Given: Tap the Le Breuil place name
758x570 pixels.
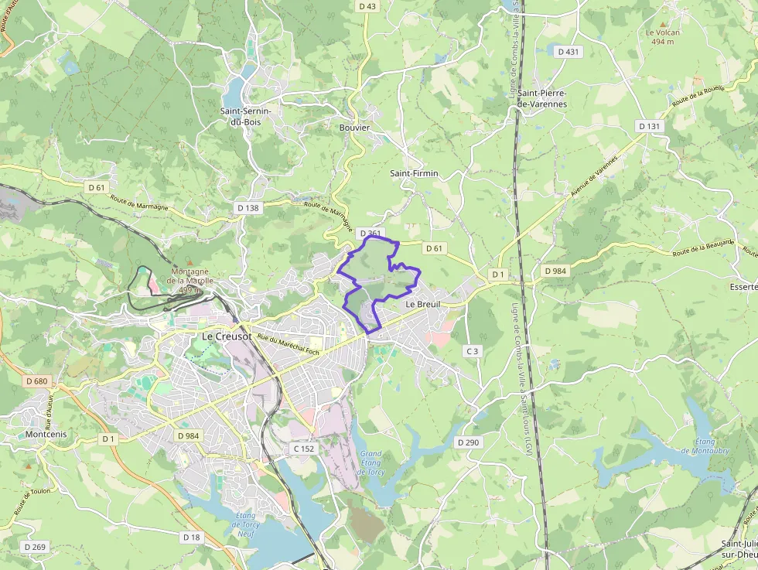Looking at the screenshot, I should (422, 305).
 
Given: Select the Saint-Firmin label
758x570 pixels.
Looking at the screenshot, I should (414, 173).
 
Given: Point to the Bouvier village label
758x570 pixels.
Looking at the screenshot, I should (355, 128).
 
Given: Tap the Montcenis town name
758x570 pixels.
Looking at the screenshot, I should (46, 435).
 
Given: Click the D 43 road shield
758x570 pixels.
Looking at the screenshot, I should (367, 6).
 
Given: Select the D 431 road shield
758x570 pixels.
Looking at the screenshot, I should (568, 51).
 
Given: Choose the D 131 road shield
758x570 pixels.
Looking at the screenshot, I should (650, 126).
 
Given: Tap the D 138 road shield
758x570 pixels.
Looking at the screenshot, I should (248, 208).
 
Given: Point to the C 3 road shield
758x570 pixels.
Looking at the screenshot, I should (472, 351).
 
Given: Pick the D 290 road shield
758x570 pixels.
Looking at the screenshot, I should (468, 442).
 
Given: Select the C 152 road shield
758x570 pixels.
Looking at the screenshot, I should (304, 449).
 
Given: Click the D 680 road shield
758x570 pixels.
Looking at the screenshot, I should (36, 381).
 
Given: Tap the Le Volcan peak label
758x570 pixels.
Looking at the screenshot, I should (663, 36).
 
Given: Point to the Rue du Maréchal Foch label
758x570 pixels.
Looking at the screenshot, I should (289, 343).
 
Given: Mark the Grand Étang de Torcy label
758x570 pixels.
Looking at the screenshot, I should (371, 462).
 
